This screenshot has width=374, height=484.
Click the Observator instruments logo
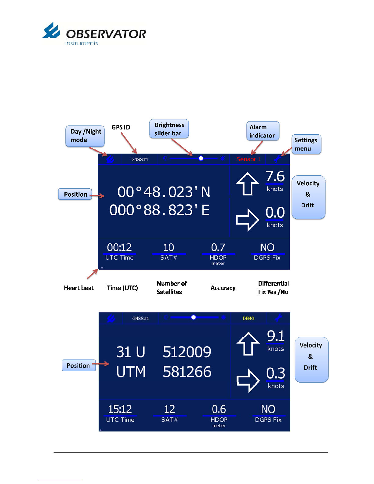click(x=94, y=34)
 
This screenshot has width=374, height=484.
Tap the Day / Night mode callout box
click(x=85, y=136)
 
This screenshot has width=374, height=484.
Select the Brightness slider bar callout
click(x=169, y=129)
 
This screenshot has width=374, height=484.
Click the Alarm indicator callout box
click(x=263, y=131)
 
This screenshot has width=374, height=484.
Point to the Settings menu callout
click(x=306, y=144)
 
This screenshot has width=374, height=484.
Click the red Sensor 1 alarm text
click(x=249, y=159)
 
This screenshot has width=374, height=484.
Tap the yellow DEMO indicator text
click(x=249, y=318)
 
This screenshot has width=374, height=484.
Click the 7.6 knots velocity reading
click(x=275, y=177)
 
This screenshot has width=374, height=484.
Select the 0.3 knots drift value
click(x=276, y=373)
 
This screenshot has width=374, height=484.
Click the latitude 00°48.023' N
click(x=164, y=192)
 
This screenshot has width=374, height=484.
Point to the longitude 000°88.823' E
click(x=159, y=210)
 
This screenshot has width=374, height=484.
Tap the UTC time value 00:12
click(x=119, y=247)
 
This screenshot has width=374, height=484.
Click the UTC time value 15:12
click(x=120, y=409)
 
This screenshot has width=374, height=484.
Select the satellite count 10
click(x=169, y=247)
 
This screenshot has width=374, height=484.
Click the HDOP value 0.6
click(x=219, y=409)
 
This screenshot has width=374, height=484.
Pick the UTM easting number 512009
click(x=187, y=352)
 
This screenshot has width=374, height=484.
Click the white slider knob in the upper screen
click(x=201, y=158)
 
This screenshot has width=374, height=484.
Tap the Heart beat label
click(x=79, y=288)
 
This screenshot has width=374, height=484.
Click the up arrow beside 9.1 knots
click(x=248, y=344)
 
